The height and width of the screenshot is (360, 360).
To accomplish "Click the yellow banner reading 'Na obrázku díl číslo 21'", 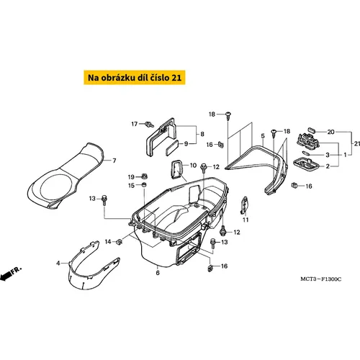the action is pyautogui.click(x=135, y=77).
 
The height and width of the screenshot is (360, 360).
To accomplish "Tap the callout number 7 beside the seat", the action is pyautogui.click(x=114, y=161).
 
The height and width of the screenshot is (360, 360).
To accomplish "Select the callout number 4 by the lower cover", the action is pyautogui.click(x=58, y=264).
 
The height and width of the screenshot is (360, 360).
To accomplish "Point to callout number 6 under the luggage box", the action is pyautogui.click(x=158, y=273).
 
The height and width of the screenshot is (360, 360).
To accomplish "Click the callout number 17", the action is pyautogui.click(x=135, y=124).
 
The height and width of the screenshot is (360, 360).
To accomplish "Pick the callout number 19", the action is pyautogui.click(x=131, y=177).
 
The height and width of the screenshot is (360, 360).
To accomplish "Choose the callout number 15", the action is pyautogui.click(x=131, y=186).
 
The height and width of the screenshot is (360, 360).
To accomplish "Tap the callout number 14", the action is pyautogui.click(x=108, y=242).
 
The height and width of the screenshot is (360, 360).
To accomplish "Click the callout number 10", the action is pyautogui.click(x=193, y=165).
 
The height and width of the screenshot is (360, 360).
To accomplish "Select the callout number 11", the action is pyautogui.click(x=246, y=220).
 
